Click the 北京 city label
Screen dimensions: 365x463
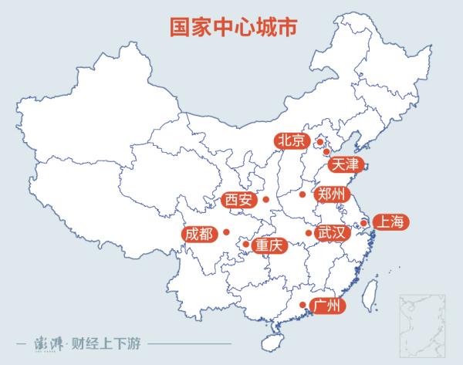coord(291,140)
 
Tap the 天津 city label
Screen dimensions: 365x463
coord(344,164)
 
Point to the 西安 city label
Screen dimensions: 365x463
coord(238,201)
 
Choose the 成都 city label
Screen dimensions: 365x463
coord(198,232)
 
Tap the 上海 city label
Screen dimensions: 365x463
coord(388,222)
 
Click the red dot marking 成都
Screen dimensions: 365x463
coord(227,232)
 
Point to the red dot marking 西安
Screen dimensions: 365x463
coord(266,200)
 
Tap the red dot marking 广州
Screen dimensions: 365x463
coord(302,306)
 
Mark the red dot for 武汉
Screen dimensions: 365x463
coord(309,232)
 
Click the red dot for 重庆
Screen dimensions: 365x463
coord(245,245)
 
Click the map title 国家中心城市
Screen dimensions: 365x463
coord(231,25)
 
